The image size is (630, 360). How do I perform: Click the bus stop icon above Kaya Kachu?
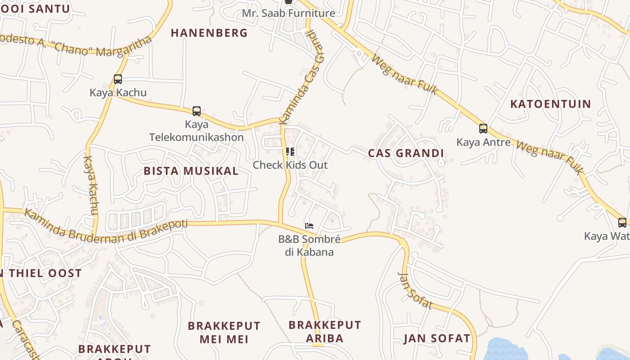[118, 79]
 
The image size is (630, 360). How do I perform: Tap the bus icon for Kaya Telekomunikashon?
[197, 111]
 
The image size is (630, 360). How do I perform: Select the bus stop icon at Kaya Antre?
[483, 129]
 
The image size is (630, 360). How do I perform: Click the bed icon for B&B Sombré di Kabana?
[309, 225]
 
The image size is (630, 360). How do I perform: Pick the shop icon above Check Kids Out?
[290, 152]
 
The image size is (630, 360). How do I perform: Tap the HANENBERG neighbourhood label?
[209, 33]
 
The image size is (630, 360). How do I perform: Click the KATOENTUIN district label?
[550, 104]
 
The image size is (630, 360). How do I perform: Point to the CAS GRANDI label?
[406, 153]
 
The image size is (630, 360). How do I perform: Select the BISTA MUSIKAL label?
[191, 171]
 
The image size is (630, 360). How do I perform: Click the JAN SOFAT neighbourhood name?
[436, 338]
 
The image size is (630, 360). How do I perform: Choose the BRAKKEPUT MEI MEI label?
[224, 332]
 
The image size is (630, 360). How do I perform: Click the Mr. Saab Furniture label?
[288, 13]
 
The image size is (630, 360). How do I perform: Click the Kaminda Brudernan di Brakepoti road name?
[105, 227]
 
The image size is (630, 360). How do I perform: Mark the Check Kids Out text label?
[290, 165]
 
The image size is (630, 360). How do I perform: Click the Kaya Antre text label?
[483, 143]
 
